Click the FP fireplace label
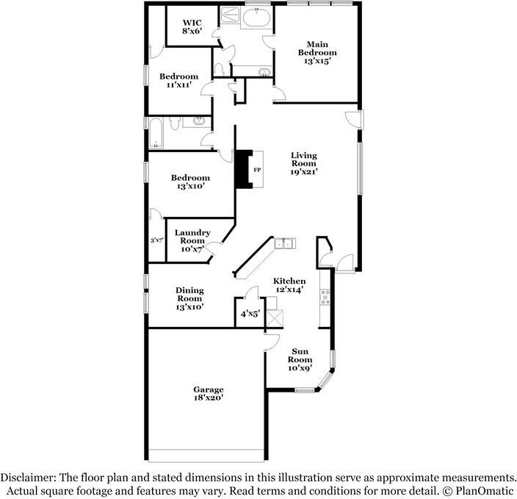(x=257, y=170)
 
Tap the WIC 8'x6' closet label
(x=192, y=26)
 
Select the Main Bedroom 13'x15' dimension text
(x=317, y=61)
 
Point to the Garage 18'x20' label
(x=209, y=393)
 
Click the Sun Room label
(x=300, y=356)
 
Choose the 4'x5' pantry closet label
(x=250, y=314)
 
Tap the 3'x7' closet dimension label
(x=157, y=240)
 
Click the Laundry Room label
(x=192, y=237)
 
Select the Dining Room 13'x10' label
(x=189, y=298)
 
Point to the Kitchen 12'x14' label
(x=289, y=285)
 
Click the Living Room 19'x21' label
(x=304, y=163)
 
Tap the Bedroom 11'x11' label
(x=178, y=80)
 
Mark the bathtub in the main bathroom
(x=257, y=18)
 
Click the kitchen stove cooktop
(x=325, y=297)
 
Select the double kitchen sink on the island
(x=285, y=244)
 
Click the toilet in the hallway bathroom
(x=175, y=123)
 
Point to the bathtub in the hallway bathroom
(x=156, y=133)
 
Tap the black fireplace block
(x=243, y=170)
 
